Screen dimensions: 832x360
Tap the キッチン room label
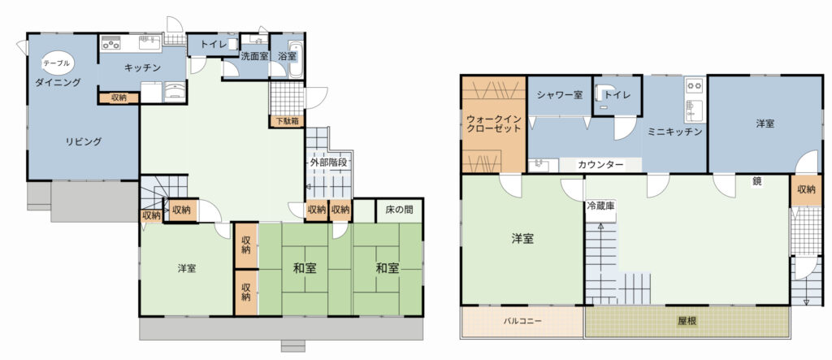coord(142,67)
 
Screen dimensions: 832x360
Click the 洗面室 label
coord(253,56)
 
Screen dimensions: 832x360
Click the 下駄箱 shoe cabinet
coord(287,121)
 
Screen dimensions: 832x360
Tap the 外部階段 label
coord(328,163)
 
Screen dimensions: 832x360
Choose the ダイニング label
coord(58,82)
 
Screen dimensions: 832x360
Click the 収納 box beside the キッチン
coord(119,98)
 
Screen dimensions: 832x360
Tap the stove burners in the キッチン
coord(111,42)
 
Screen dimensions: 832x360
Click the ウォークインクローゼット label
coord(493,124)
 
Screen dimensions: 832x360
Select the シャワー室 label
coord(559,95)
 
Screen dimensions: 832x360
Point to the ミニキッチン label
coord(675,132)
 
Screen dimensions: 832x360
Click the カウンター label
coord(600,165)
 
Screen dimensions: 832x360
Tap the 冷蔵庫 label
coord(600,205)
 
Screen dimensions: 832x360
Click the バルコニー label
coord(522,321)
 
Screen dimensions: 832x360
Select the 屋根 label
coord(686,321)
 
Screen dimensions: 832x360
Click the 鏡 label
coord(756,181)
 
